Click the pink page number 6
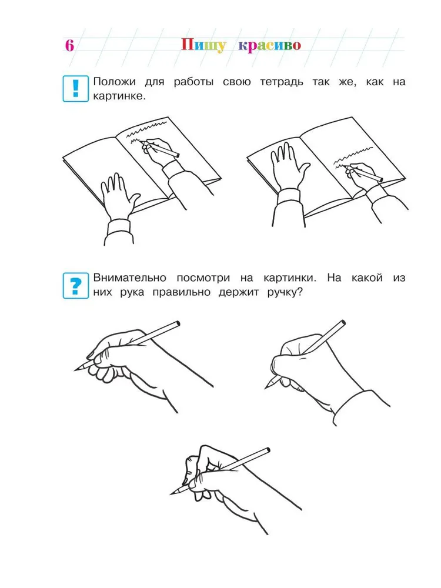coord(69,45)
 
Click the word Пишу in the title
coord(204,45)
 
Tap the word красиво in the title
coord(270,45)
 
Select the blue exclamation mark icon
coord(76,89)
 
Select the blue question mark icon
coord(76,285)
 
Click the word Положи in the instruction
coord(115,82)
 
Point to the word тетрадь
coord(281,82)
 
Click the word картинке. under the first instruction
coord(119,96)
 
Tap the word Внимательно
coord(129,278)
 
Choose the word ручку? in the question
coord(285,292)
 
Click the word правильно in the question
coord(181,292)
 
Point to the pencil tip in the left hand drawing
coord(75,371)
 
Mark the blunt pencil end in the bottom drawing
coord(268,450)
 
